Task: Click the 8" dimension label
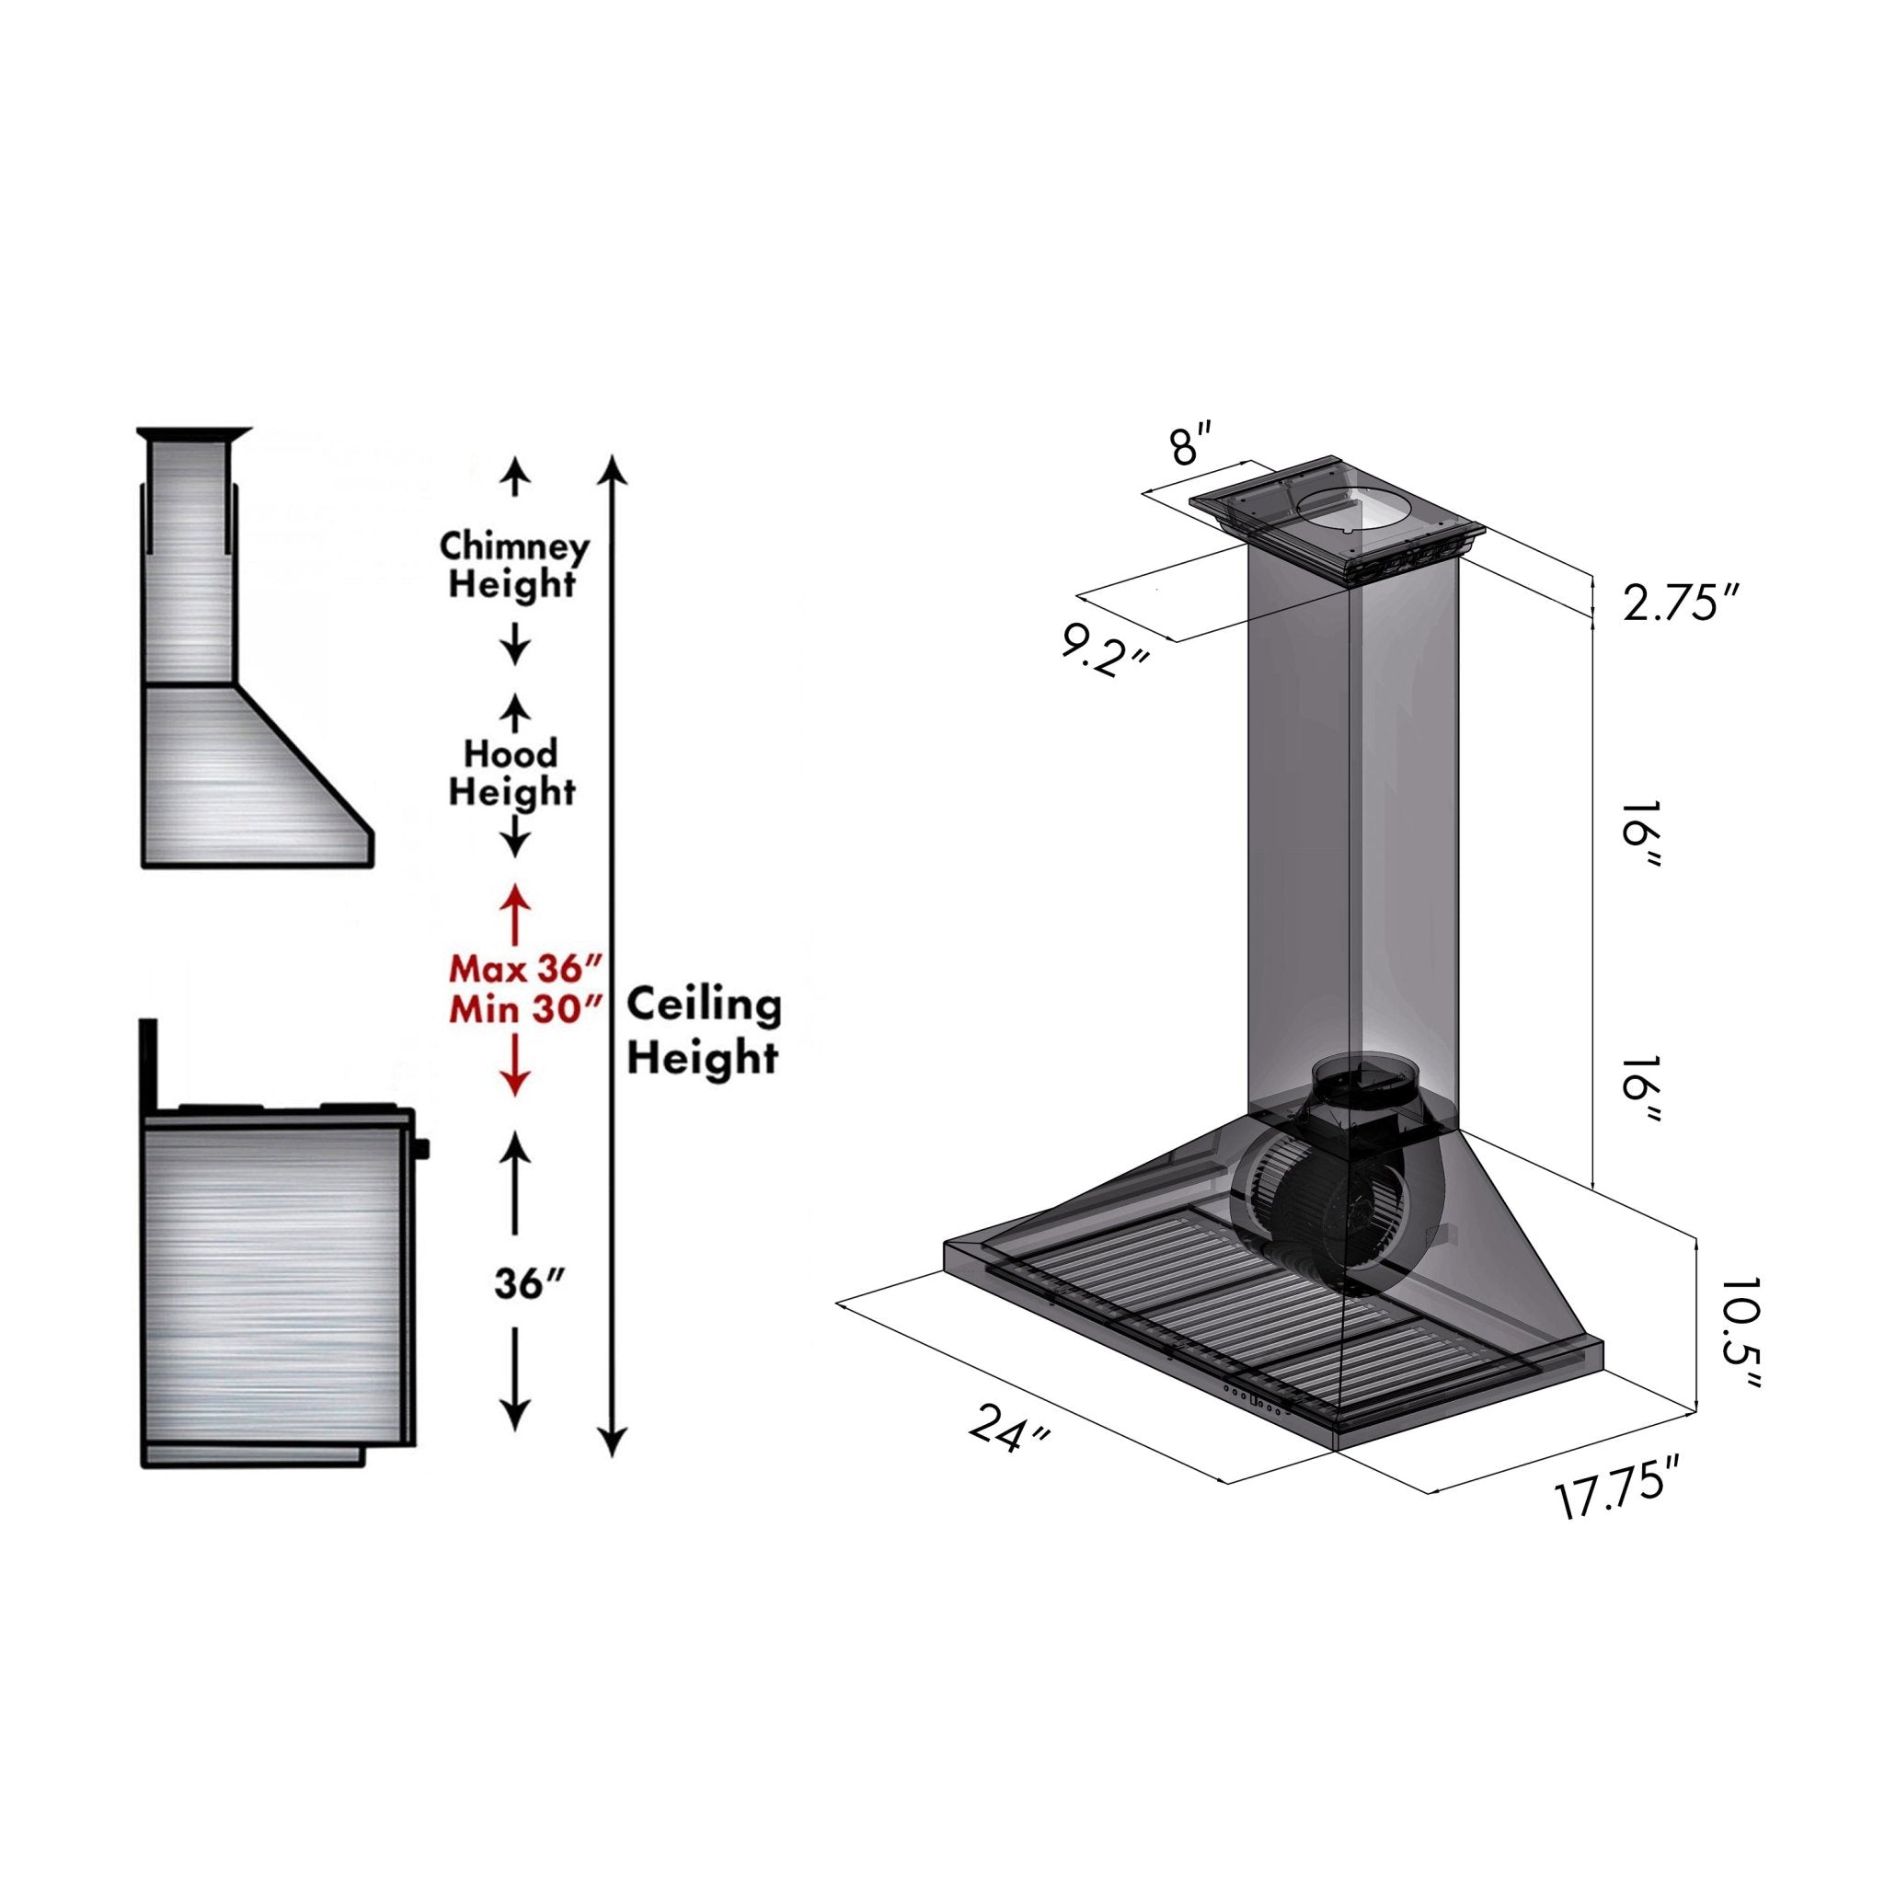1191,443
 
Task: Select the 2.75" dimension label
1682,603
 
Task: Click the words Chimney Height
514,565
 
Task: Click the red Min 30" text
523,1009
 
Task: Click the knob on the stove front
421,1150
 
